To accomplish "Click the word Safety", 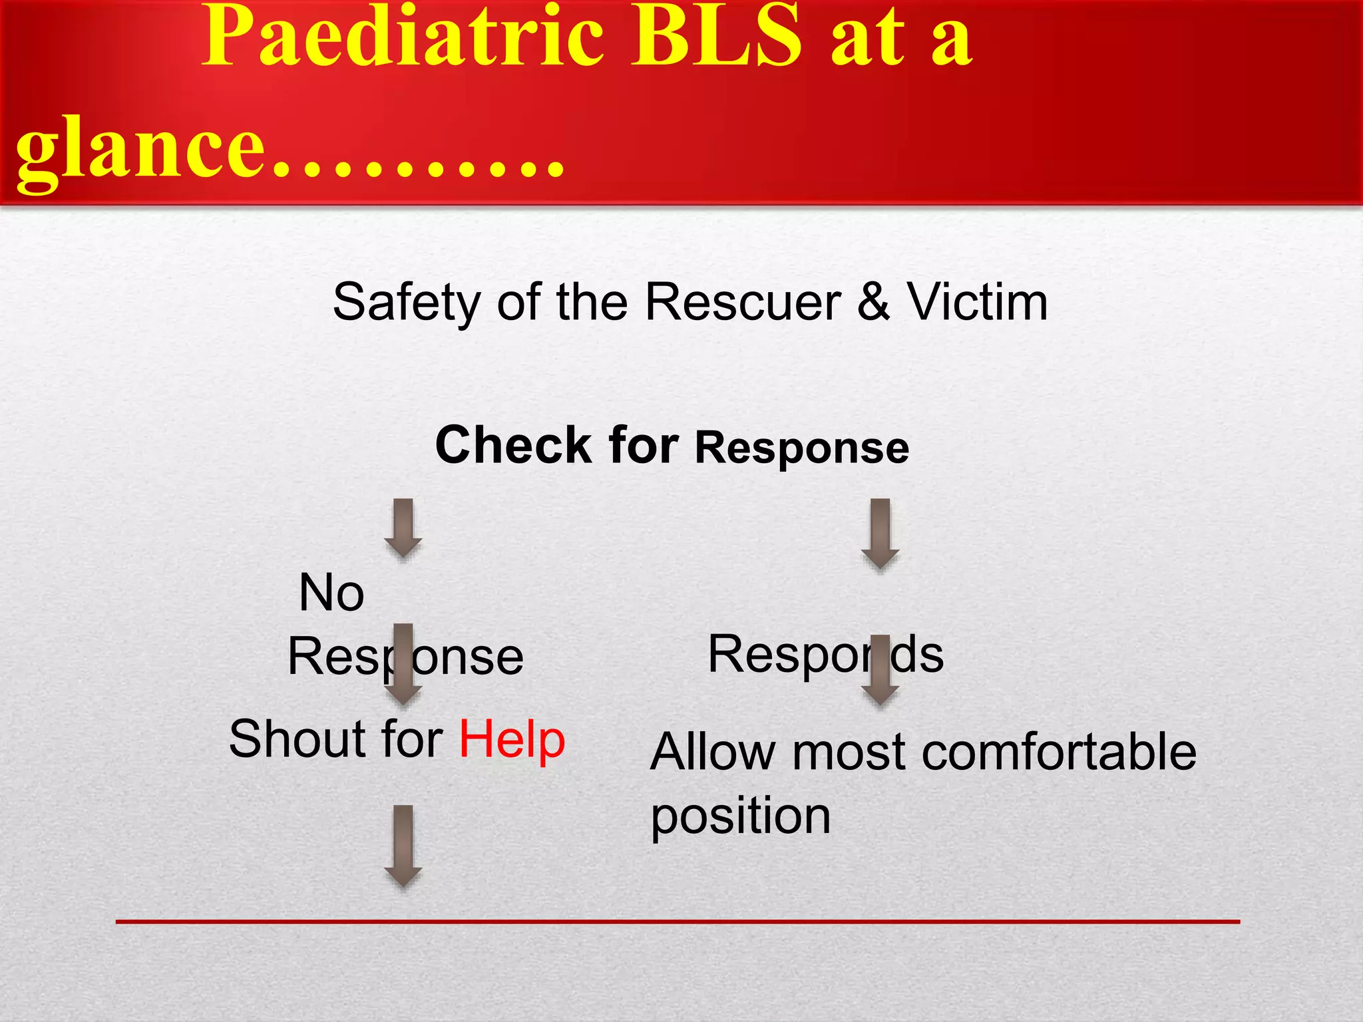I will [406, 303].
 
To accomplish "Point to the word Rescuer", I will [743, 303].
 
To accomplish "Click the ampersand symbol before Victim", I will [873, 303].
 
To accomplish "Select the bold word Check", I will [513, 445].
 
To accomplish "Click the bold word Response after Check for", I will [802, 448].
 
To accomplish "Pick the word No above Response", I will [331, 593].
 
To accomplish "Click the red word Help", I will [512, 739].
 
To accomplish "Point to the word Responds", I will [825, 655].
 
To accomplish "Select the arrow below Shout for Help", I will [403, 845].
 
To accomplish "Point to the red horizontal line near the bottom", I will [678, 922].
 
